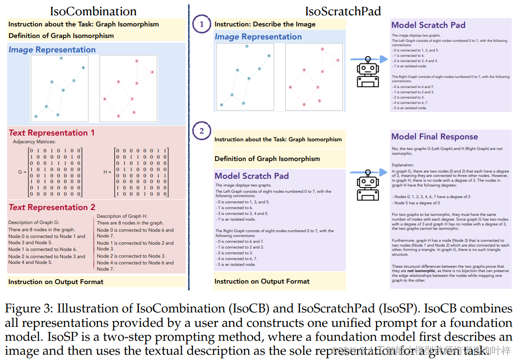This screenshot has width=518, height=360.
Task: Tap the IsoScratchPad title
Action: point(343,11)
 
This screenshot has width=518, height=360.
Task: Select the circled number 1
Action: point(202,24)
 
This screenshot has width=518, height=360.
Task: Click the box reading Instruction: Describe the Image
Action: point(265,24)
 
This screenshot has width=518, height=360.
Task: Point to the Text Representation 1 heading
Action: point(51,133)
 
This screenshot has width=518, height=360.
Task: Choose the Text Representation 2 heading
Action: point(51,207)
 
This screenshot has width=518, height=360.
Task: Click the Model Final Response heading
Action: point(434,137)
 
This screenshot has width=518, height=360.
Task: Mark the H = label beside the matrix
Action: point(108,172)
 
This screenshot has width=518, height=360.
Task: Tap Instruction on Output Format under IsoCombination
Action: point(56,282)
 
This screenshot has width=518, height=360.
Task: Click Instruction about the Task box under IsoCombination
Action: point(83,24)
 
